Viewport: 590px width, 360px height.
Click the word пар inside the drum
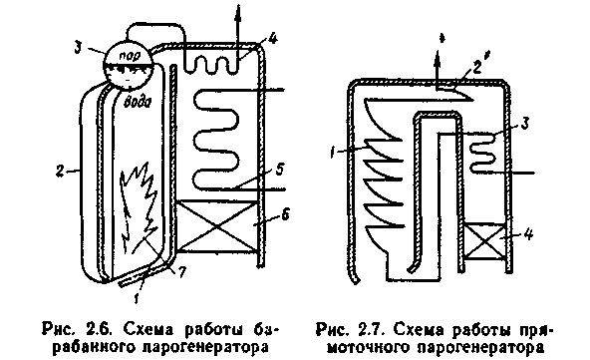[130, 56]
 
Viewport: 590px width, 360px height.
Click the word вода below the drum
[138, 102]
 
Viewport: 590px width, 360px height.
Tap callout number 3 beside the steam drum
[77, 48]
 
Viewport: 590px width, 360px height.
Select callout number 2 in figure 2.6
[60, 172]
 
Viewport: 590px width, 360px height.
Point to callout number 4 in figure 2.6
[273, 39]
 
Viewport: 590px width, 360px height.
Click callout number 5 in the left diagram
[279, 170]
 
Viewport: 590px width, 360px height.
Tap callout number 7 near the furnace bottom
[181, 272]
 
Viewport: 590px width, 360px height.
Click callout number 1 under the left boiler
[137, 298]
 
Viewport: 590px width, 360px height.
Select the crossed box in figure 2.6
[217, 226]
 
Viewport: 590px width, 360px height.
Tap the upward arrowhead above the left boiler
[237, 13]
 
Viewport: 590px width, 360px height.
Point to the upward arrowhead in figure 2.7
[437, 58]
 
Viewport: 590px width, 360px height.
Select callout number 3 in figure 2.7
[525, 123]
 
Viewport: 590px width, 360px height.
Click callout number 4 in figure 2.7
[528, 234]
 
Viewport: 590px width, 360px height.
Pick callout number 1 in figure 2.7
[333, 153]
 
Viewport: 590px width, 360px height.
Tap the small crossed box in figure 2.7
[485, 242]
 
